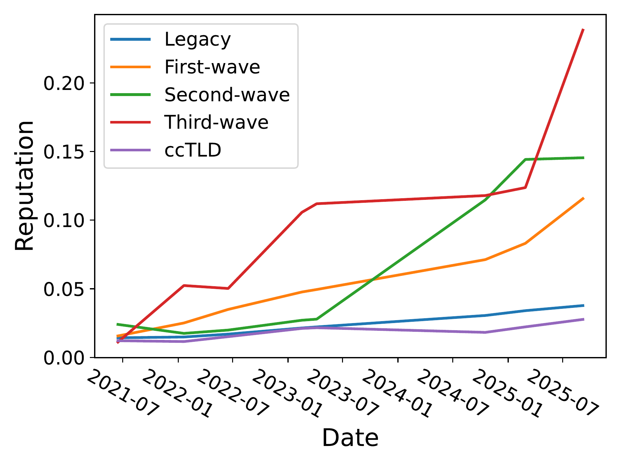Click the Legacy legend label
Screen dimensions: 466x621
tap(198, 40)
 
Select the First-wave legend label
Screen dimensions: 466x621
tap(212, 67)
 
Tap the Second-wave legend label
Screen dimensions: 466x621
tap(227, 95)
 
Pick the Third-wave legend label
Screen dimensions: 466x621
tap(216, 123)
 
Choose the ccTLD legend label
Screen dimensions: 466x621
tap(193, 150)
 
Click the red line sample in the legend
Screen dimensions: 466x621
tap(131, 123)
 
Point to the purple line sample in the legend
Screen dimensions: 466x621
tap(131, 150)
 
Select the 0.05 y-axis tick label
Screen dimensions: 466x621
tap(64, 289)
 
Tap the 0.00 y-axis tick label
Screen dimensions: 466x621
tap(64, 358)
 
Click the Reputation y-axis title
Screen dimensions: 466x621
tap(25, 186)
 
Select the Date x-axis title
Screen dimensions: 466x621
tap(350, 438)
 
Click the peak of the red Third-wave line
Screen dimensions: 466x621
tap(583, 29)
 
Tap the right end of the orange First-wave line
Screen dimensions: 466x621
tap(584, 198)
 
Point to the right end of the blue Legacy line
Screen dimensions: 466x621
tap(584, 305)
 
